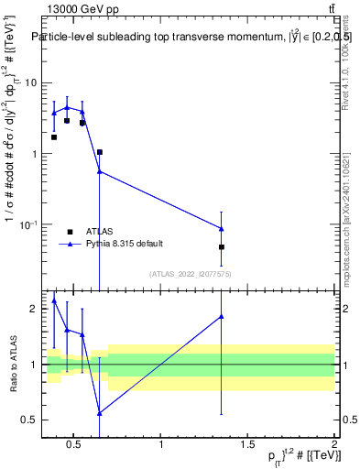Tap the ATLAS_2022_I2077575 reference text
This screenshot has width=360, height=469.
click(190, 274)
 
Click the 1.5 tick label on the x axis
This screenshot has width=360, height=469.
click(248, 446)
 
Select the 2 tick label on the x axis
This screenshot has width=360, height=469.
click(334, 446)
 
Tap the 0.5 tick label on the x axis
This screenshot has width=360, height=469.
click(75, 446)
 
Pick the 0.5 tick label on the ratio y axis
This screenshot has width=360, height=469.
click(28, 420)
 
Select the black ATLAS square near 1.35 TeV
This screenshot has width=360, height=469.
click(222, 247)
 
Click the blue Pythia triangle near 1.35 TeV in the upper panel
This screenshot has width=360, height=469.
click(222, 228)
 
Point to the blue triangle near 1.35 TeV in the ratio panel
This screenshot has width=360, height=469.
click(222, 316)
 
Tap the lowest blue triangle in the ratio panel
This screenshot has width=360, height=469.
click(99, 413)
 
